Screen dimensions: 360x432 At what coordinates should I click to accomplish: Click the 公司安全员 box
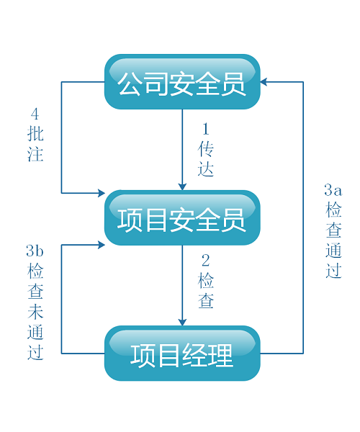pos(182,82)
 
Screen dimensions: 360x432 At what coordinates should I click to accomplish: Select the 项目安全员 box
pos(182,217)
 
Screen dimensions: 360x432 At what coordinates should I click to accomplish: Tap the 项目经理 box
pos(182,354)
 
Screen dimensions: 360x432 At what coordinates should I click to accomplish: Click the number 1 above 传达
pos(206,129)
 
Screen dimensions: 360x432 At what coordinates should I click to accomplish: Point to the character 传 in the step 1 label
pos(206,149)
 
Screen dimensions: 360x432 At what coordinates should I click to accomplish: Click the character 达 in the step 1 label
pos(206,168)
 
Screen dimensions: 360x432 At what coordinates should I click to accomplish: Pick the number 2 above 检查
pos(206,261)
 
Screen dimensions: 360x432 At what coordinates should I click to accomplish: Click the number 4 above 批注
pos(35,114)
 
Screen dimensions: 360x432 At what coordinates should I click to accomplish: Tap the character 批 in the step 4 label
pos(35,134)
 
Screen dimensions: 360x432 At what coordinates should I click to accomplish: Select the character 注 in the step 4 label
pos(35,153)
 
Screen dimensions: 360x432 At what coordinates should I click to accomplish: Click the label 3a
pos(333,190)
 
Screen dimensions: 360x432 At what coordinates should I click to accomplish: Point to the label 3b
pos(35,251)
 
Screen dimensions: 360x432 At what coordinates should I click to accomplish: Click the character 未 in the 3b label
pos(35,311)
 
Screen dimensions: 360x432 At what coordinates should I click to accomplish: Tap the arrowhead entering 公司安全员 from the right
pos(264,82)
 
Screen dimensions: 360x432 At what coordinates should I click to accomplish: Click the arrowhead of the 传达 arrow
pos(182,186)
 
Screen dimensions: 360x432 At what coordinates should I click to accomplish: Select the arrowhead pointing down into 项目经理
pos(182,323)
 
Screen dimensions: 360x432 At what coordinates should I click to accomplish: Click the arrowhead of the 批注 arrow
pos(102,193)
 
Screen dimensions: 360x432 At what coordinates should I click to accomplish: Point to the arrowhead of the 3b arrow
pos(102,245)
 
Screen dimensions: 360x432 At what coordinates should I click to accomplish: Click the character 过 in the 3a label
pos(333,270)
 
